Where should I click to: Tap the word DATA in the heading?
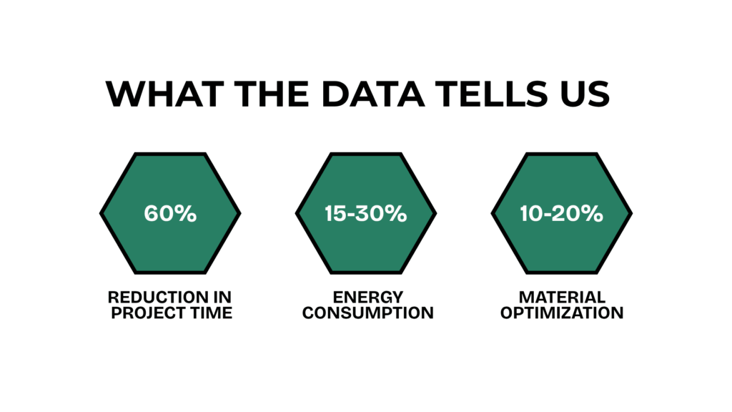pos(373,94)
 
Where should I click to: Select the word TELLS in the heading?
pos(492,94)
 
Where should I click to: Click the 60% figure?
pos(170,213)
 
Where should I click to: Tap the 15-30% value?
pos(366,213)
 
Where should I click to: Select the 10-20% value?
pos(562,213)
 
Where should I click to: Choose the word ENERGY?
pos(368,297)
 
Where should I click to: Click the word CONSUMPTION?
pos(368,313)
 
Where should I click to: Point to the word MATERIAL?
pos(562,297)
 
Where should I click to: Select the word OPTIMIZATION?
pos(562,313)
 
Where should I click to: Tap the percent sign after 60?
pos(187,213)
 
